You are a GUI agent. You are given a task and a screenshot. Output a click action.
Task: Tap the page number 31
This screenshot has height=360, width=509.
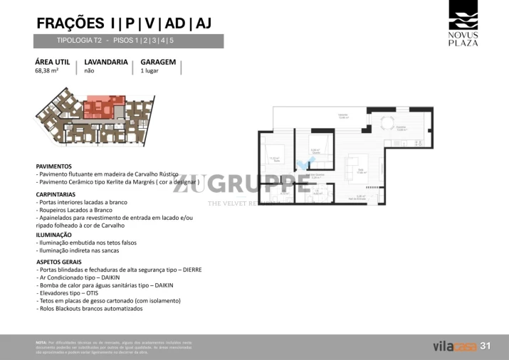coord(486,346)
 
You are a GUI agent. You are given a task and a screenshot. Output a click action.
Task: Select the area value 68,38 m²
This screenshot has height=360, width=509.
coord(46,71)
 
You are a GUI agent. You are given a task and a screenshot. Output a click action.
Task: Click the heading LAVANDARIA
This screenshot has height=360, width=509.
coord(106,62)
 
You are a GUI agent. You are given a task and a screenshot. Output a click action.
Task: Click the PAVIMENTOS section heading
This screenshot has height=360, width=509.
coord(57,166)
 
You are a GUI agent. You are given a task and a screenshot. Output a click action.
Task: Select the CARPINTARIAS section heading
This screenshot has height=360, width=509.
coord(61,194)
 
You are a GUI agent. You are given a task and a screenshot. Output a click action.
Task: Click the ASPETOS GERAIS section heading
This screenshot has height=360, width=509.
coord(64,262)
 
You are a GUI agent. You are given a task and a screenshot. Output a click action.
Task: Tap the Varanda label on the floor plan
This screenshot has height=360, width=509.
coord(342,115)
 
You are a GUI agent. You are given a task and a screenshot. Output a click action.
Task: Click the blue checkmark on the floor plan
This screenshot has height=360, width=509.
coord(305,164)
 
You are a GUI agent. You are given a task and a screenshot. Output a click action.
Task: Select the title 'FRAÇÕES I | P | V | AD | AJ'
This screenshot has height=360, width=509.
coord(123,23)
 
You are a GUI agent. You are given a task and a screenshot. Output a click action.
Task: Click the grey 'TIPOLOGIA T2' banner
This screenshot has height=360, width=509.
coord(129,41)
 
